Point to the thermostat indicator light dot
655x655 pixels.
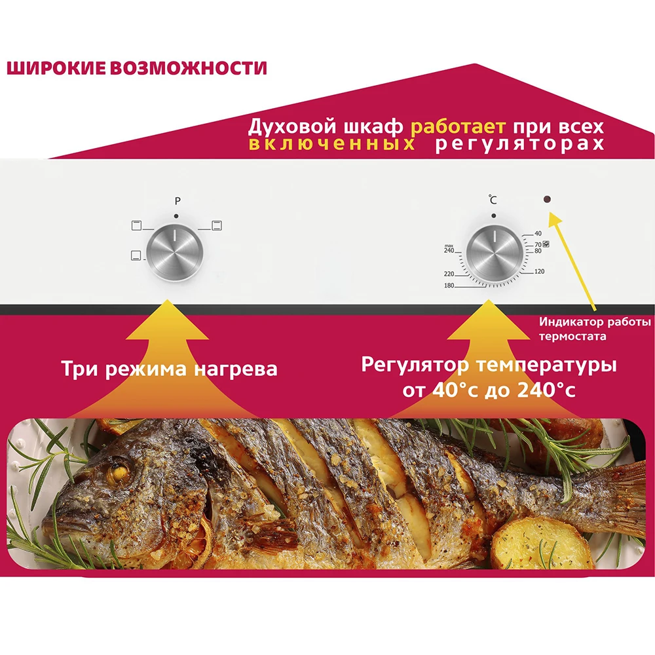coord(547,199)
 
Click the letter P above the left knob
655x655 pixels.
coord(177,201)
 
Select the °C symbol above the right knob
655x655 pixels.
coord(493,200)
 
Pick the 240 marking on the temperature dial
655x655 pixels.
coord(449,251)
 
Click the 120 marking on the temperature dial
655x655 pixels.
coord(540,271)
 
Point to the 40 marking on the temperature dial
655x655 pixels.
coord(538,233)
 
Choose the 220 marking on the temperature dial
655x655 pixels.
coord(449,273)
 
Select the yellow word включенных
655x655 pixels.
coord(331,145)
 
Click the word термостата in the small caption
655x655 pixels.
coord(572,337)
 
